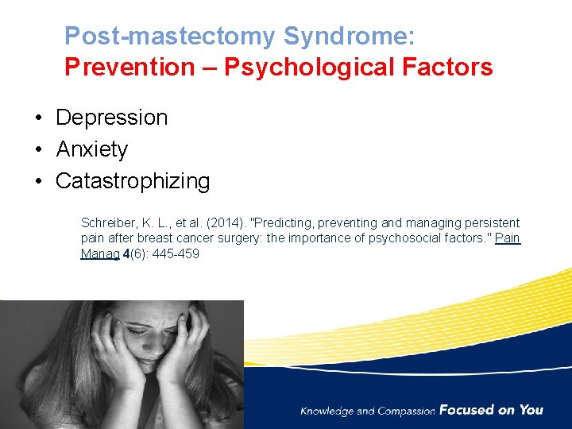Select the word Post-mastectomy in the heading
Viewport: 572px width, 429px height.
[170, 36]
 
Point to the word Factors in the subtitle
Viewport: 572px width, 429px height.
[447, 68]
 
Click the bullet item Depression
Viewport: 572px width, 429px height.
[111, 118]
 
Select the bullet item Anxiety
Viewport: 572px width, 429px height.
[91, 149]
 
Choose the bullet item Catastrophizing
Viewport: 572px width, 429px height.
[133, 181]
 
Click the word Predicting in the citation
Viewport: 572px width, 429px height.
[290, 223]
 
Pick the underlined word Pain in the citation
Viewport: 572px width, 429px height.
[508, 238]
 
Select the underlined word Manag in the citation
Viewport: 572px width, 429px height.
[99, 254]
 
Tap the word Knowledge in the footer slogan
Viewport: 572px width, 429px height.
[327, 411]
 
